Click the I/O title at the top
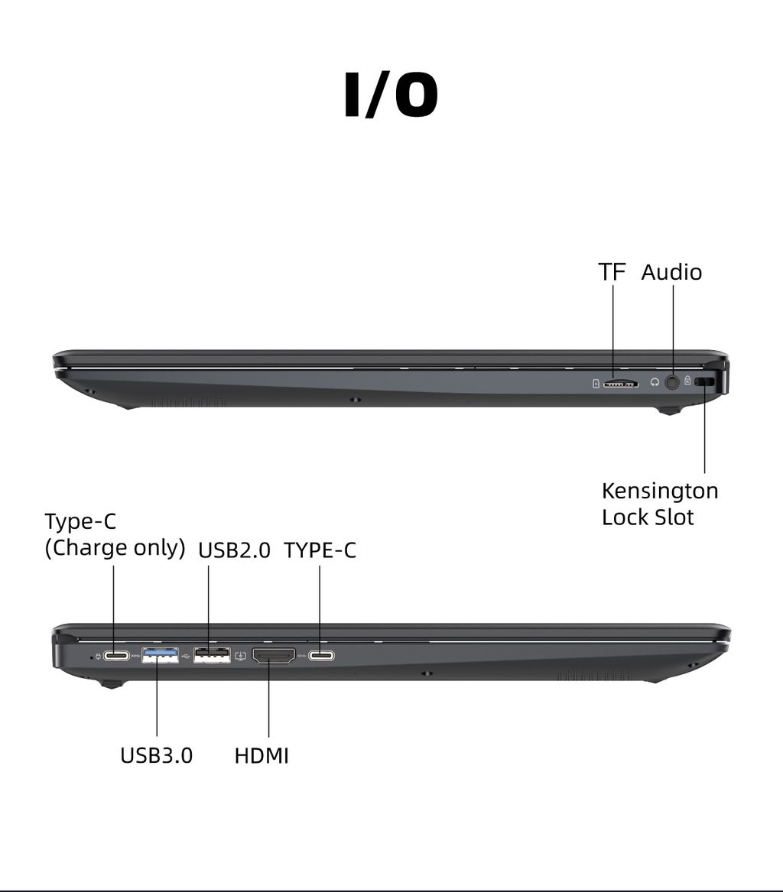pyautogui.click(x=391, y=95)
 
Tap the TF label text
pyautogui.click(x=612, y=272)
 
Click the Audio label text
pyautogui.click(x=671, y=272)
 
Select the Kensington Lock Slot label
pyautogui.click(x=660, y=504)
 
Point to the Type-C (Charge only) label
pyautogui.click(x=115, y=535)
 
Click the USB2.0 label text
pyautogui.click(x=235, y=550)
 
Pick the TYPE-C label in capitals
pyautogui.click(x=320, y=550)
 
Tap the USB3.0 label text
pyautogui.click(x=157, y=755)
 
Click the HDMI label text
pyautogui.click(x=262, y=755)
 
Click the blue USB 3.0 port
pyautogui.click(x=160, y=655)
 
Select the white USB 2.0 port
pyautogui.click(x=213, y=655)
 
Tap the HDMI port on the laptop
pyautogui.click(x=274, y=657)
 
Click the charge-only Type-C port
pyautogui.click(x=116, y=656)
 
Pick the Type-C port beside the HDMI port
pyautogui.click(x=321, y=656)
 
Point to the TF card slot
pyautogui.click(x=621, y=384)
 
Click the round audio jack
pyautogui.click(x=673, y=382)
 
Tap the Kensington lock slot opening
pyautogui.click(x=707, y=382)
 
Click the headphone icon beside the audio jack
pyautogui.click(x=655, y=383)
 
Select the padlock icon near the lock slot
pyautogui.click(x=688, y=381)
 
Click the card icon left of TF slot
pyautogui.click(x=596, y=384)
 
